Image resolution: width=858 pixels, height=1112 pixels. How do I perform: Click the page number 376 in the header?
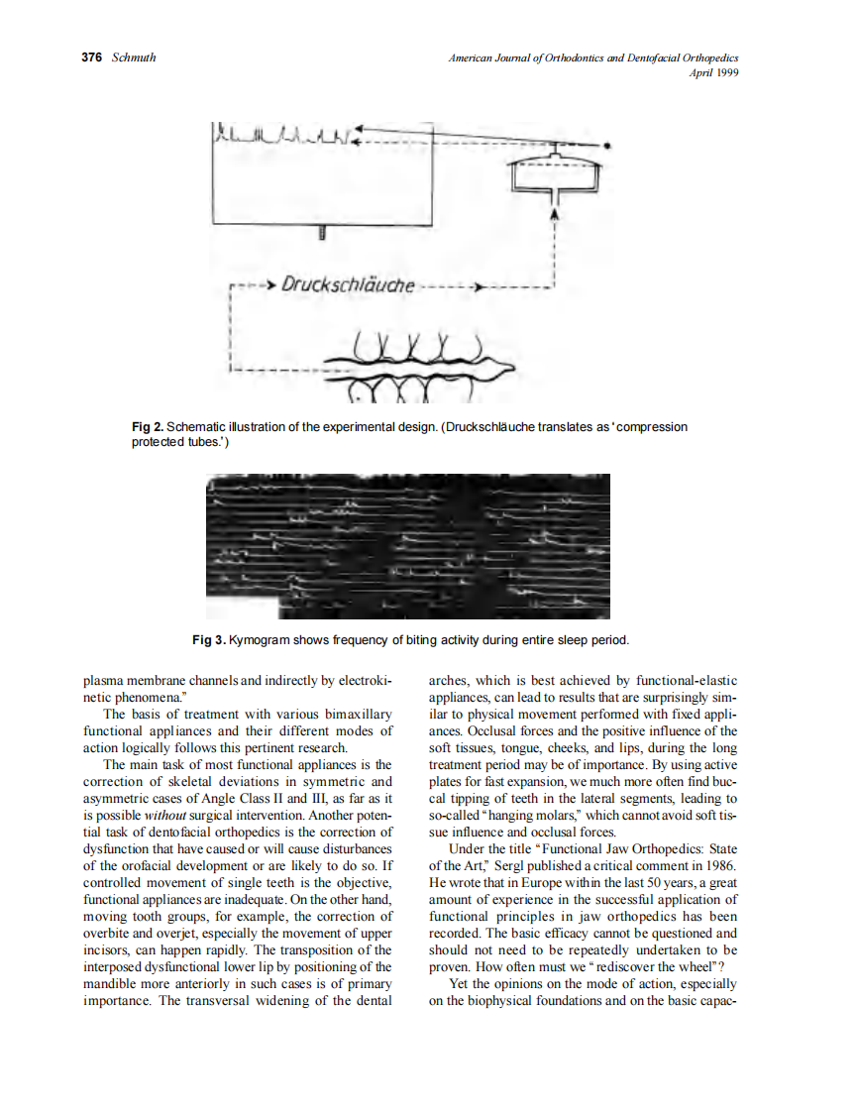pyautogui.click(x=91, y=57)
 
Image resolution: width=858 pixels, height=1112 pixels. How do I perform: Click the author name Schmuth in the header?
pyautogui.click(x=134, y=57)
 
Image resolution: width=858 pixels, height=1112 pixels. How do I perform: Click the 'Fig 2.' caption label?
pyautogui.click(x=149, y=427)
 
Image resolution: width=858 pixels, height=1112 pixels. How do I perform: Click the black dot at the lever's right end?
pyautogui.click(x=607, y=146)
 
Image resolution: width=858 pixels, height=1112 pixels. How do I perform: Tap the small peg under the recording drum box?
pyautogui.click(x=323, y=234)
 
